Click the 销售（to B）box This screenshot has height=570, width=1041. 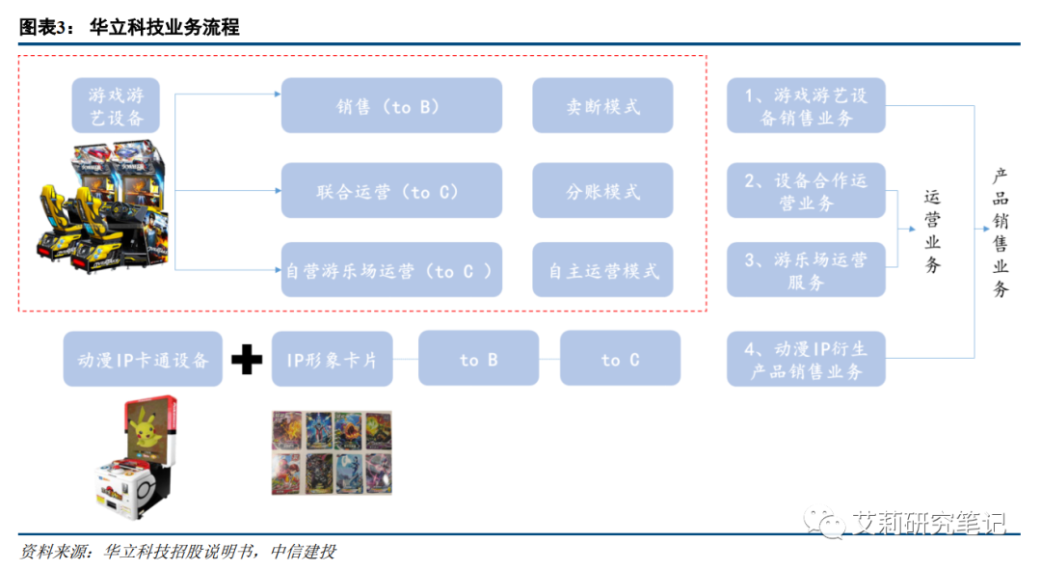391,106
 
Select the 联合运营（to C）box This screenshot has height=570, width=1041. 391,191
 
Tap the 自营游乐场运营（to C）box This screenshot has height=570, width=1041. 391,270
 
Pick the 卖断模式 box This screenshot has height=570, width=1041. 602,106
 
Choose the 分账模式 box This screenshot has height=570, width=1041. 602,191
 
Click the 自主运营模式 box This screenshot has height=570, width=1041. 602,270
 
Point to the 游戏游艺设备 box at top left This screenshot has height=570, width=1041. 116,106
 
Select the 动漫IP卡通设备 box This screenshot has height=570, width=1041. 143,360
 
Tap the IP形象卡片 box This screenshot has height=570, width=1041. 332,360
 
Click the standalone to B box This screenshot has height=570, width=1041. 478,360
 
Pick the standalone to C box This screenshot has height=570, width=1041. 620,360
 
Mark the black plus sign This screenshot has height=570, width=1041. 247,360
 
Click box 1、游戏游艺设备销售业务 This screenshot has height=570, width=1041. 806,106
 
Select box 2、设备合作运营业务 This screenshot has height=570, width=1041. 806,191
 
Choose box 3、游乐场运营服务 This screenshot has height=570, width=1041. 806,270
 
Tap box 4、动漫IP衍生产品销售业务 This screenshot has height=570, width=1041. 806,360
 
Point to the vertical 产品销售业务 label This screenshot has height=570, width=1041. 1001,231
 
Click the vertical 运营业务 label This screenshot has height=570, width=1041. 932,231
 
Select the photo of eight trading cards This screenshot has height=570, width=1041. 331,453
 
